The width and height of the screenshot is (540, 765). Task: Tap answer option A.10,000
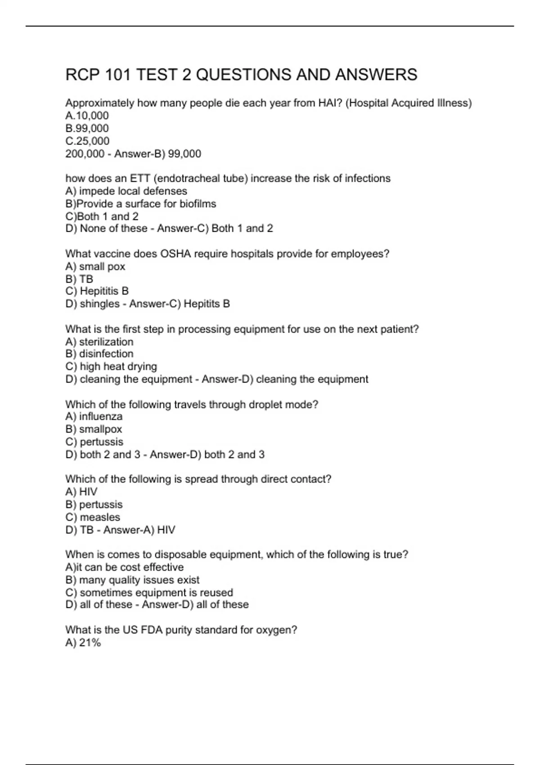(87, 116)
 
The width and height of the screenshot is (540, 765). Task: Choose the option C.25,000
(87, 141)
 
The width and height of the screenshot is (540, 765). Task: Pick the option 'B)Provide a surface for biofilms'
(140, 204)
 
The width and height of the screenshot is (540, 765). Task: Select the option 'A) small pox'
(95, 266)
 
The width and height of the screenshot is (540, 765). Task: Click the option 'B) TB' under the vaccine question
(79, 279)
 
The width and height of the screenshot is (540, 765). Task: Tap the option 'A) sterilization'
(99, 342)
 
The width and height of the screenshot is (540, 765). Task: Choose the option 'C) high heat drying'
(111, 366)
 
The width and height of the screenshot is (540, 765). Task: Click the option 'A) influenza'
(94, 417)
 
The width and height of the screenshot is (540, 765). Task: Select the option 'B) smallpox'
(94, 429)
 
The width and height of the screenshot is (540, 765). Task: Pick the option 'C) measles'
(93, 517)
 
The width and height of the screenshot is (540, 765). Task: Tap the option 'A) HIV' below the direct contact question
(81, 492)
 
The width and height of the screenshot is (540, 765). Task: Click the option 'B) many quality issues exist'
(132, 580)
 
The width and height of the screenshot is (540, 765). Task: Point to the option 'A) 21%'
(83, 643)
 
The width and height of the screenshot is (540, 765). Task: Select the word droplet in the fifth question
(250, 405)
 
